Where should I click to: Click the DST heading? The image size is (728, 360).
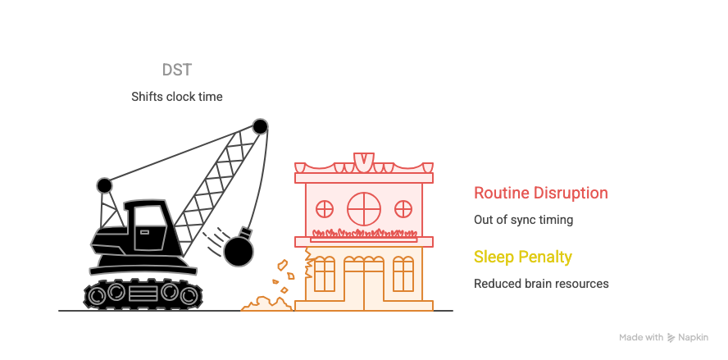177,70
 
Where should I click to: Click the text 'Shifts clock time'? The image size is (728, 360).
177,97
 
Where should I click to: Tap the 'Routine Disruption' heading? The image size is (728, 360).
540,194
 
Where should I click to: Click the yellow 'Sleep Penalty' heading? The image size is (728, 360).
522,257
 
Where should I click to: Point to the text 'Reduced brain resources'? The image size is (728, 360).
541,284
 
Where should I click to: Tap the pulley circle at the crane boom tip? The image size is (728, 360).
260,127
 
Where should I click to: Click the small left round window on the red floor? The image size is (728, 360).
325,207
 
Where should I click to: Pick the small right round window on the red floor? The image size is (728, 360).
403,207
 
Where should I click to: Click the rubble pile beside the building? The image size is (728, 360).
265,304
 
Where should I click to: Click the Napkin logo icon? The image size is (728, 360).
671,337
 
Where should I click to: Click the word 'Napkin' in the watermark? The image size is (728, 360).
693,337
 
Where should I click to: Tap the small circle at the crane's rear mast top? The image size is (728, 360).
104,185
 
